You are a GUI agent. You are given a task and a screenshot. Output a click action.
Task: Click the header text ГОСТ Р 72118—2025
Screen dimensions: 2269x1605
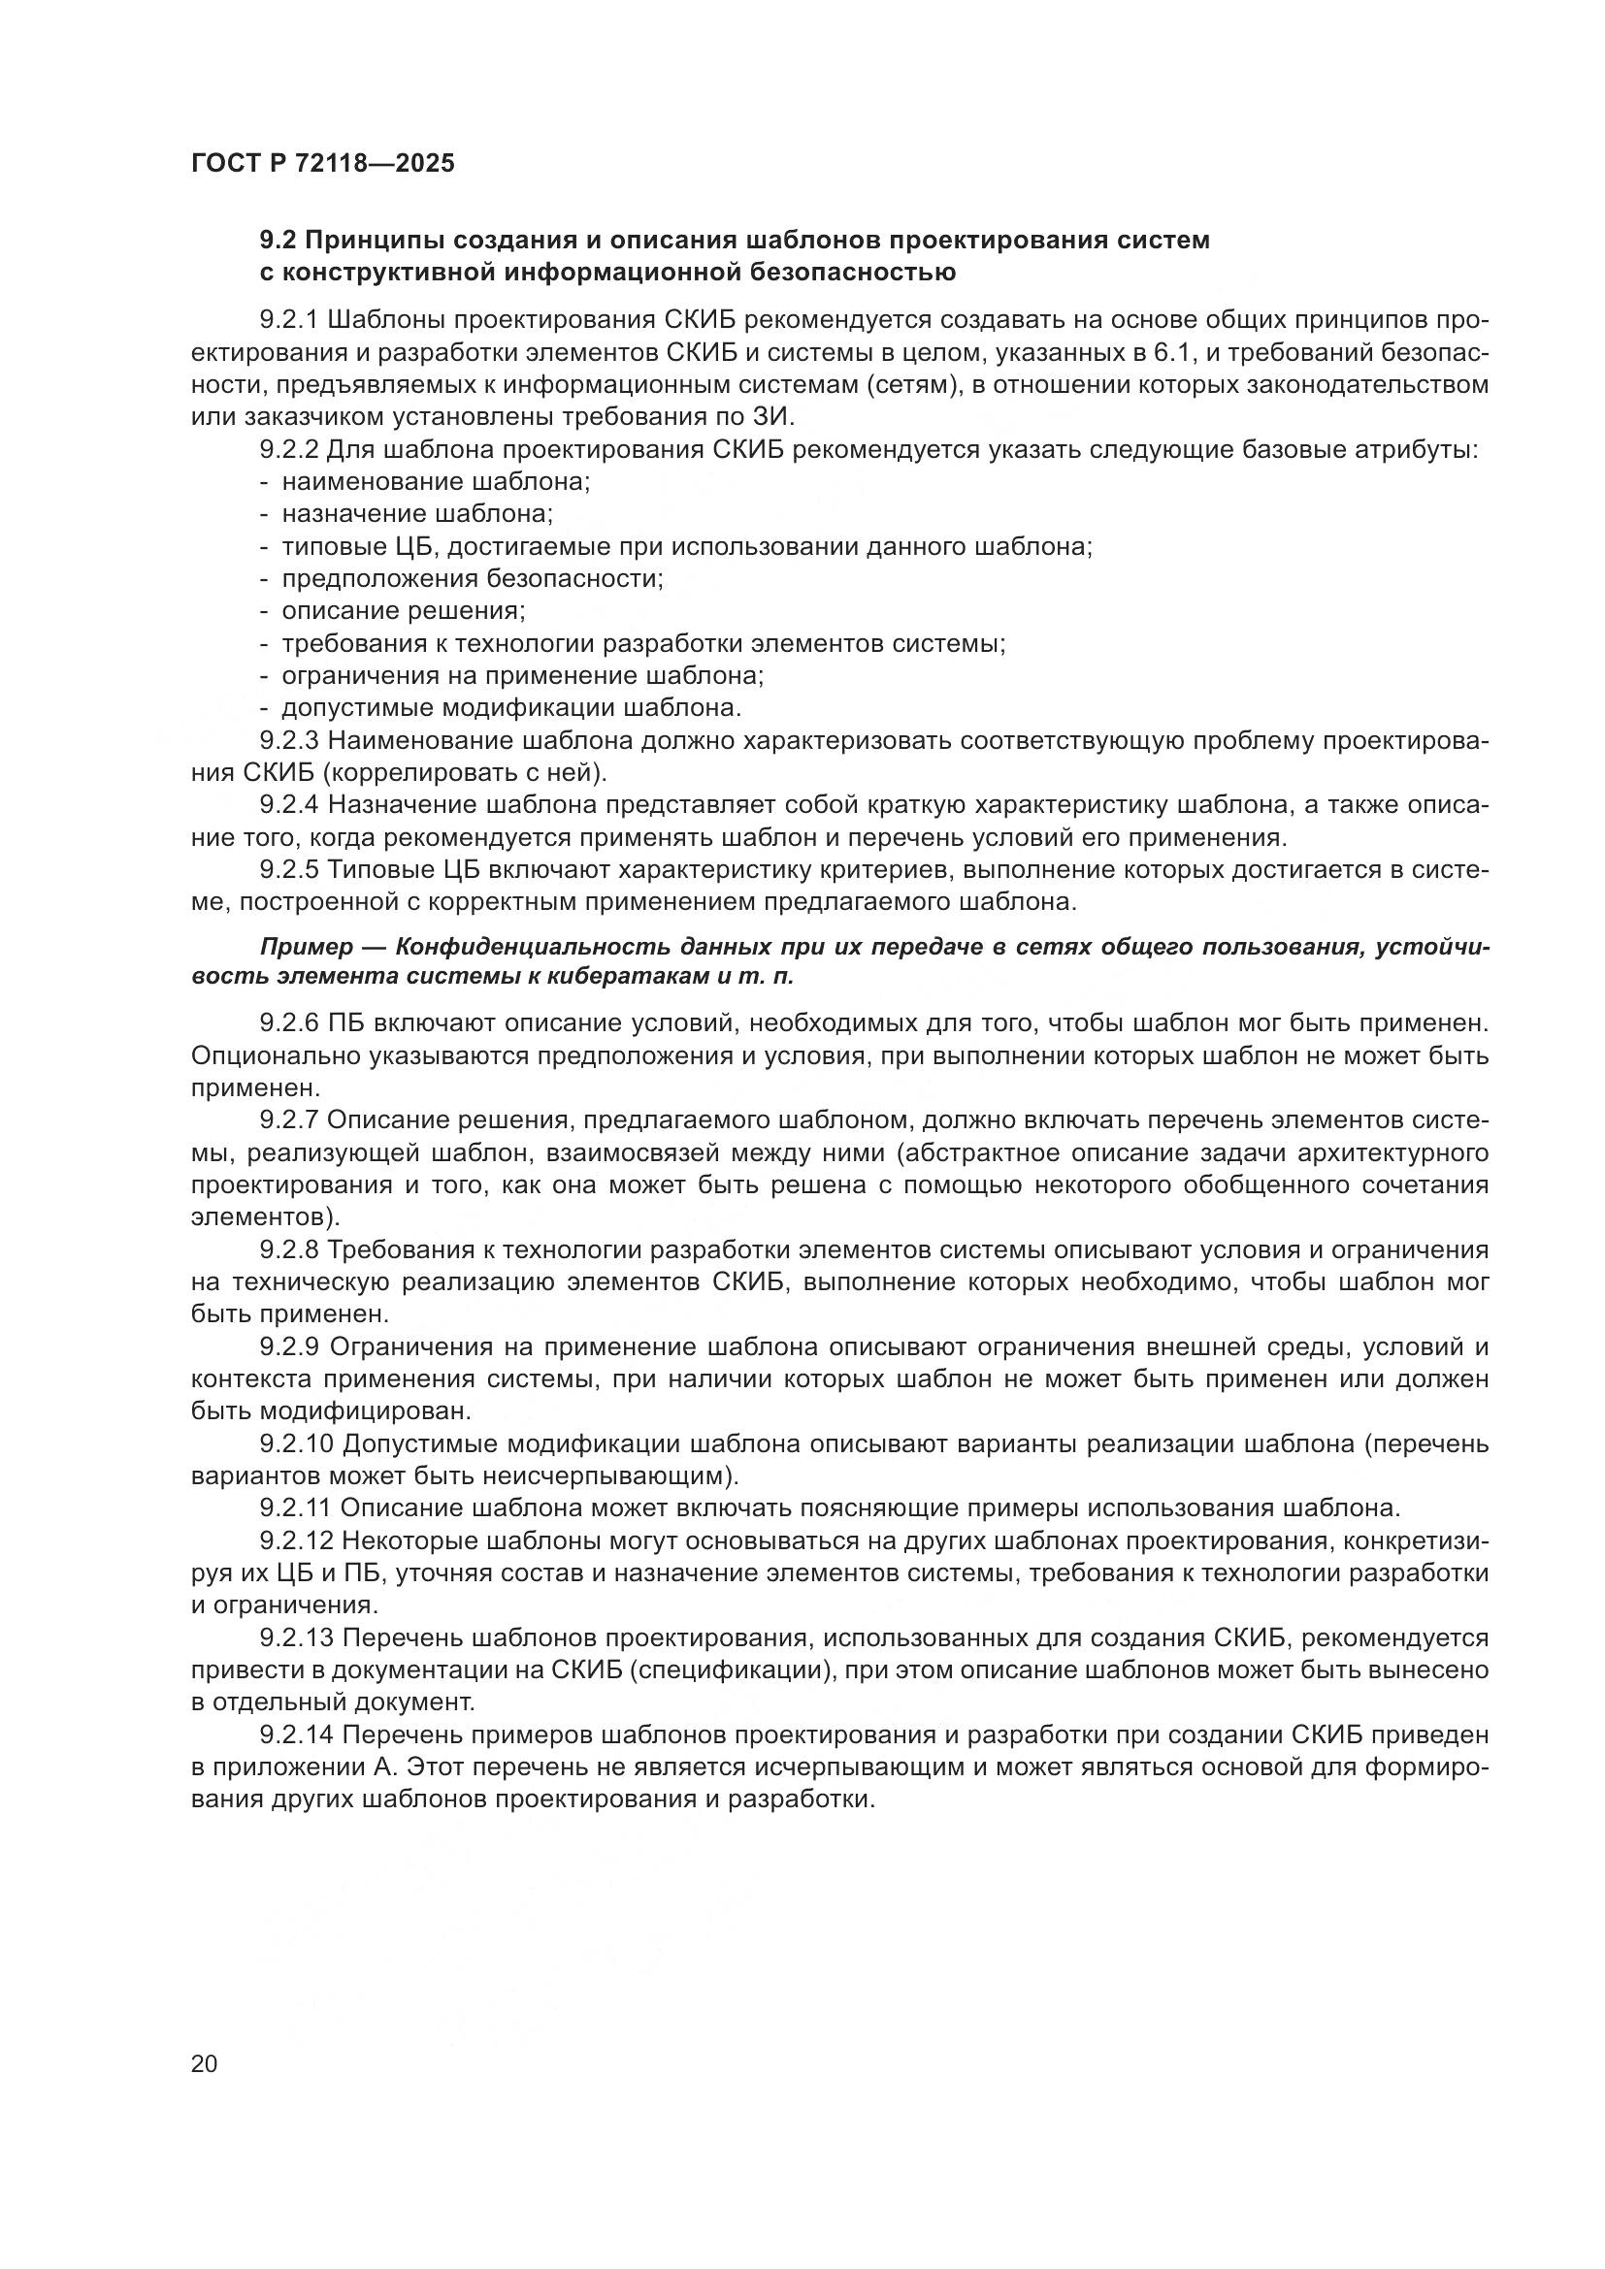pyautogui.click(x=322, y=163)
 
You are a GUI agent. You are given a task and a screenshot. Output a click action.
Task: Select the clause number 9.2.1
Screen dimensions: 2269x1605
pyautogui.click(x=288, y=320)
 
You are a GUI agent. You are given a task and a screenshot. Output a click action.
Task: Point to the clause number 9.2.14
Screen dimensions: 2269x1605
pyautogui.click(x=297, y=1735)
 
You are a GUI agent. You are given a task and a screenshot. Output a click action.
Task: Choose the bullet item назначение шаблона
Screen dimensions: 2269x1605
pyautogui.click(x=416, y=514)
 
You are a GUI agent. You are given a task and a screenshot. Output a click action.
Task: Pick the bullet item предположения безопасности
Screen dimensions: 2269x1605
pyautogui.click(x=472, y=579)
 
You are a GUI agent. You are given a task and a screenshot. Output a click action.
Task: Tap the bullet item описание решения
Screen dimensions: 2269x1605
pyautogui.click(x=404, y=611)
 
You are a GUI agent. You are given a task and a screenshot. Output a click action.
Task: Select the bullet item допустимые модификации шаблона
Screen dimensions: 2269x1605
pyautogui.click(x=510, y=707)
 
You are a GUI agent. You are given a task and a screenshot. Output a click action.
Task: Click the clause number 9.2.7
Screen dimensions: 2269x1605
pyautogui.click(x=288, y=1119)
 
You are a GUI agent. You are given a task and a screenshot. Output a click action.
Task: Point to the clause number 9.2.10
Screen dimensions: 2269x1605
pyautogui.click(x=297, y=1443)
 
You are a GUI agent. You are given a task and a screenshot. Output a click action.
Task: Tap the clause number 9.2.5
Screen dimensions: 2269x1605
pyautogui.click(x=288, y=869)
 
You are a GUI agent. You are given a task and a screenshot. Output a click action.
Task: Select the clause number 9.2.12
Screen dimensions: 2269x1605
pyautogui.click(x=297, y=1540)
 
